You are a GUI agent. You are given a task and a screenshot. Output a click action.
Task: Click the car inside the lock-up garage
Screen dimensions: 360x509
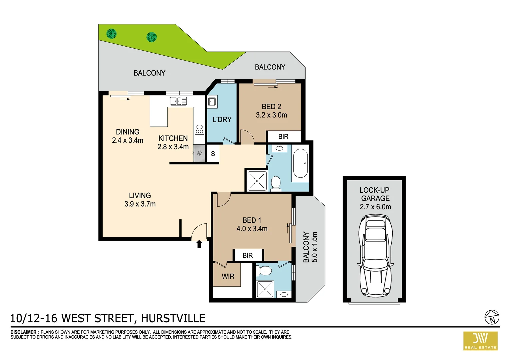(375, 256)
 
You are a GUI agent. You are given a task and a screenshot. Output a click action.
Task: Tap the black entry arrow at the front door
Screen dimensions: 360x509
(199, 244)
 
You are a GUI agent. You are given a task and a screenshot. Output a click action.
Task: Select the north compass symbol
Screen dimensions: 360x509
(492, 317)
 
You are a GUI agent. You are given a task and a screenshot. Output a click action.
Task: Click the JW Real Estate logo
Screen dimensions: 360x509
(480, 341)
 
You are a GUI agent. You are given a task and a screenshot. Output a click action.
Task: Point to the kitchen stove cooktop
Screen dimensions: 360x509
(199, 129)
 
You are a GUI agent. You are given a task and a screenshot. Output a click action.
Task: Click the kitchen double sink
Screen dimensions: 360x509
(178, 101)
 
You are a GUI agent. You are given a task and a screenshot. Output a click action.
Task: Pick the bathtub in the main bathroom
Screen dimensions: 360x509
(301, 164)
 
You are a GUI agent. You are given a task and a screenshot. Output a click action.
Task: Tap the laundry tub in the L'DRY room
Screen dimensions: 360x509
(212, 102)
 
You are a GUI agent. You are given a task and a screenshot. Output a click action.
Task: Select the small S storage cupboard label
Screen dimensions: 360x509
(213, 154)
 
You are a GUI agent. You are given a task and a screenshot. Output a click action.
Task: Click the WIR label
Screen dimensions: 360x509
(228, 276)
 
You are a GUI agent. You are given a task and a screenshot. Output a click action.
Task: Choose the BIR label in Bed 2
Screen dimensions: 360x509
(283, 137)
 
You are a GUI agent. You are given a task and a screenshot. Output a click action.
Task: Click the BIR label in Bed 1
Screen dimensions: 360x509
(248, 255)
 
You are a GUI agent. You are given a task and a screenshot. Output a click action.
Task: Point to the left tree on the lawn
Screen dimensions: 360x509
(111, 33)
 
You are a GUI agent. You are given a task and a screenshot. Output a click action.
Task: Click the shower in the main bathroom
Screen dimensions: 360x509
(257, 181)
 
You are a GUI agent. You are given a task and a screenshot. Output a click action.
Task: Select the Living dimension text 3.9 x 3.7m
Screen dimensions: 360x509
(140, 204)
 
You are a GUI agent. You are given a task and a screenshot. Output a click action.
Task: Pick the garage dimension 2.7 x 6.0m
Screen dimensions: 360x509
(375, 207)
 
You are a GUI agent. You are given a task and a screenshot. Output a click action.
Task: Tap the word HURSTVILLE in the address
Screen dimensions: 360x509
(173, 318)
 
